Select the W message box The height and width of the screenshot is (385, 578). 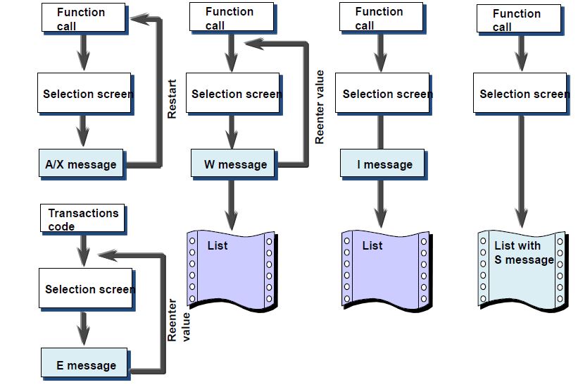234,164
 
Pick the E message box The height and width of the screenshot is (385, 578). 85,365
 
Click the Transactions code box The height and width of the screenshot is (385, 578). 83,219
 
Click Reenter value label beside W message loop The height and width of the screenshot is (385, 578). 320,106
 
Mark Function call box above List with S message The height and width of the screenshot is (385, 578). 520,20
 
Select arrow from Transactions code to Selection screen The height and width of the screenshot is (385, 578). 84,249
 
